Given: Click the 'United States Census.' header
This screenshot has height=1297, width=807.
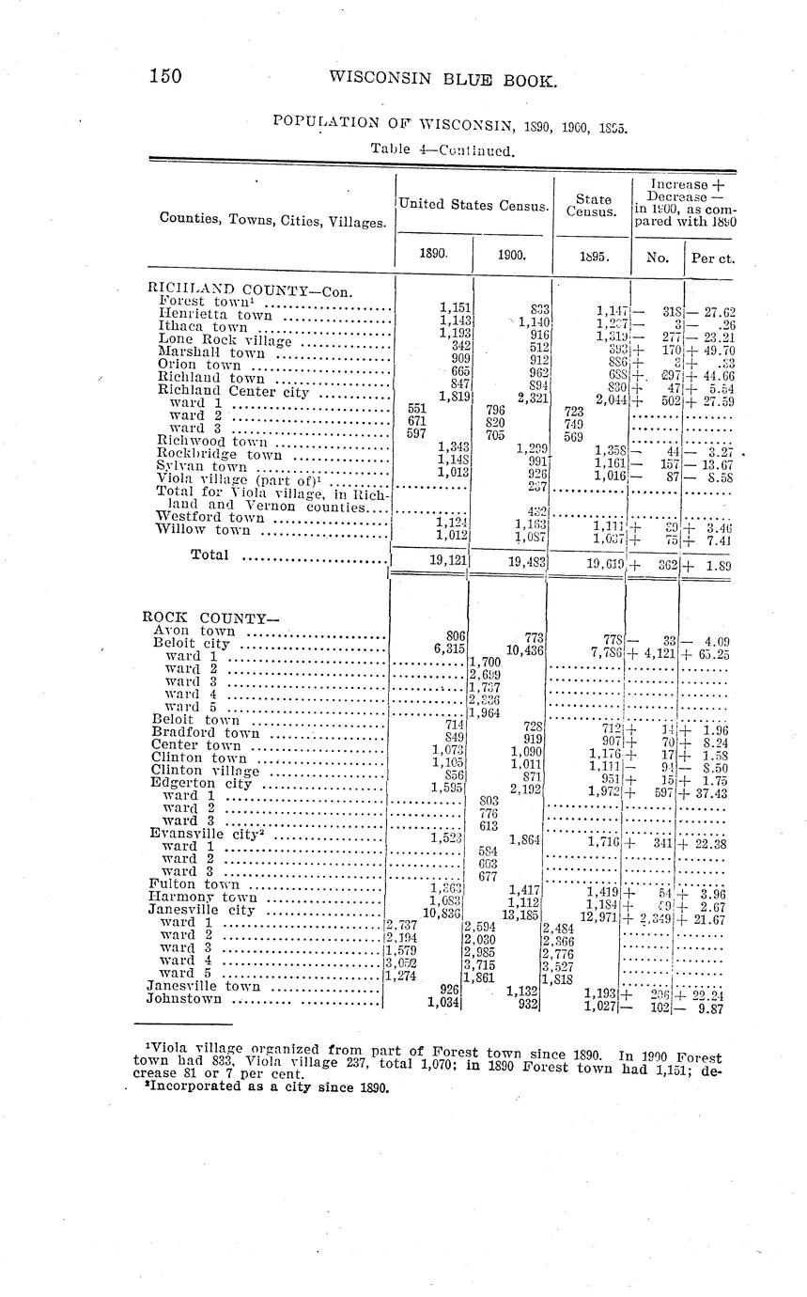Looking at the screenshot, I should point(473,204).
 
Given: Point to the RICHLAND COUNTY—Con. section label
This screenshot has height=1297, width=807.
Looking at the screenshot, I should point(250,289).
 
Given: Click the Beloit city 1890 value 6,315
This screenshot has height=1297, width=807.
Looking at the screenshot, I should point(450,648).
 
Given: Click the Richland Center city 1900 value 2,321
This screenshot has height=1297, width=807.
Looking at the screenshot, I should point(528,397).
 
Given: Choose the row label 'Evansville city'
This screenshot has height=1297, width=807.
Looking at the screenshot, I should point(203,833).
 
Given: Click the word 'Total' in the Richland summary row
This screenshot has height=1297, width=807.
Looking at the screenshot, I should point(210,555).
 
